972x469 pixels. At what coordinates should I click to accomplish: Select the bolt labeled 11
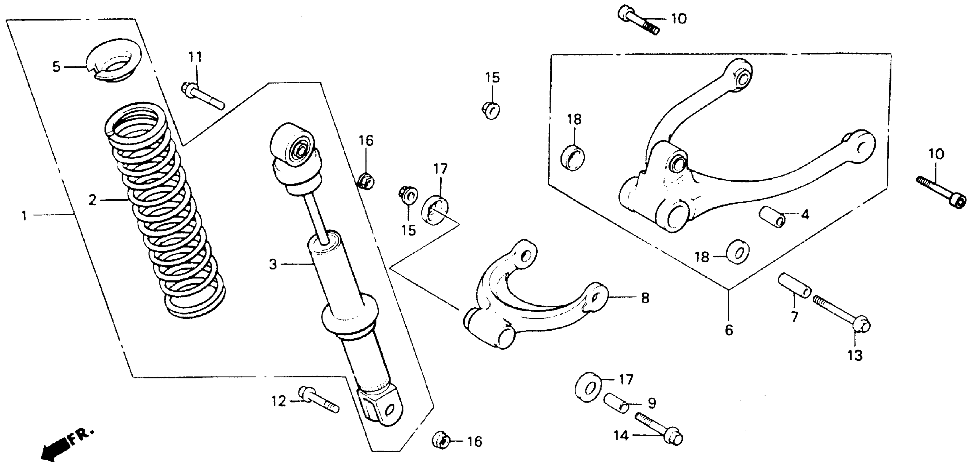pos(204,96)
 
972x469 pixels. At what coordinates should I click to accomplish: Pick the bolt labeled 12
pos(318,400)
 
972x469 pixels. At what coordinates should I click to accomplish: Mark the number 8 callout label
pos(645,298)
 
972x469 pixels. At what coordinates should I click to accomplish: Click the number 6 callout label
pos(729,330)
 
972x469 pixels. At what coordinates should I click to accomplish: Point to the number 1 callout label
pos(24,216)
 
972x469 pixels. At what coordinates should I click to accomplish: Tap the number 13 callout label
pos(855,355)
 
